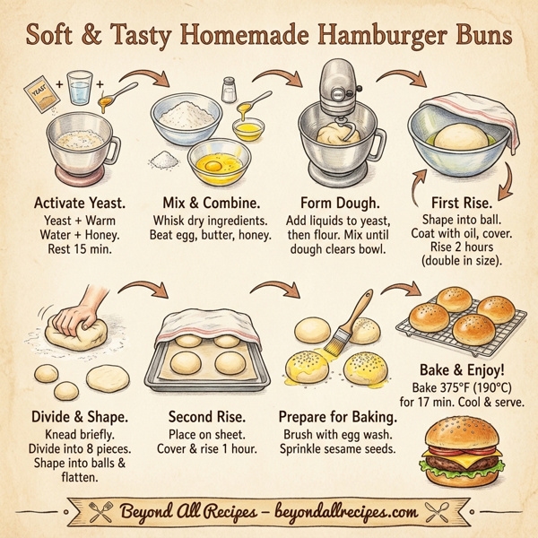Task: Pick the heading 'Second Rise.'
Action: pos(207,417)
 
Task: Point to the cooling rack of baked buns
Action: pos(461,323)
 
